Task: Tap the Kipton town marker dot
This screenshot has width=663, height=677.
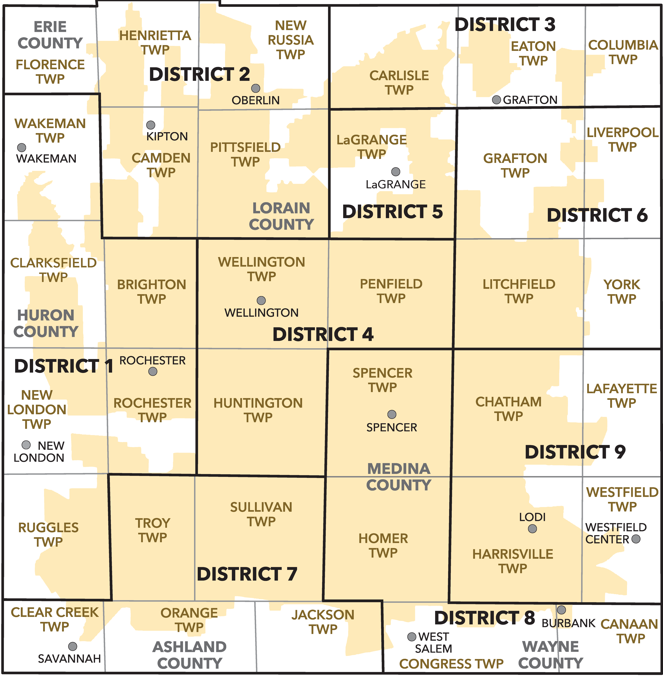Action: (150, 125)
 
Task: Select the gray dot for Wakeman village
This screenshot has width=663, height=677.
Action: (22, 147)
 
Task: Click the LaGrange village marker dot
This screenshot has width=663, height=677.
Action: (396, 171)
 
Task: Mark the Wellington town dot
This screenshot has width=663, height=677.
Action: (261, 300)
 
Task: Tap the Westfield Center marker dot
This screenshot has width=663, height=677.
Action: (636, 539)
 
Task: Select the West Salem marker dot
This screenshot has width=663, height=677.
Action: (412, 637)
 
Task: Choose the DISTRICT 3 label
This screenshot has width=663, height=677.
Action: (505, 24)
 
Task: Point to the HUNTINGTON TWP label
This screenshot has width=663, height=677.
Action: (258, 410)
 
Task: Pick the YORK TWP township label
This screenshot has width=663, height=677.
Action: (622, 292)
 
